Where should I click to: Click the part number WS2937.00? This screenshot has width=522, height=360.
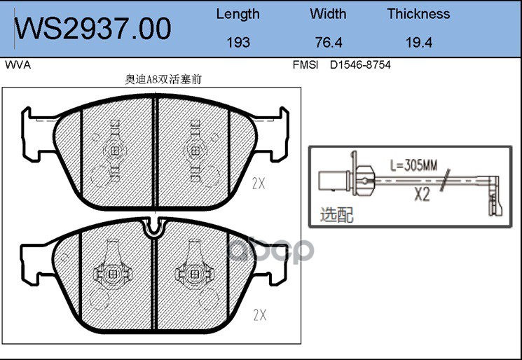tap(93, 29)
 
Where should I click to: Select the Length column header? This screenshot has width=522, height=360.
tap(238, 14)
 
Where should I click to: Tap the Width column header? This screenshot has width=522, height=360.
tap(327, 14)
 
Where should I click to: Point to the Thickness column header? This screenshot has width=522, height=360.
tap(418, 14)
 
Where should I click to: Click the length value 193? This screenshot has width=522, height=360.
tap(238, 42)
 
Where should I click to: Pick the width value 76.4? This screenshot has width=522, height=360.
tap(327, 42)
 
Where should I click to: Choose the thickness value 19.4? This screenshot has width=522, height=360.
tap(418, 42)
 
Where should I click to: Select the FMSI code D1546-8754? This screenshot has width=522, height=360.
tap(360, 65)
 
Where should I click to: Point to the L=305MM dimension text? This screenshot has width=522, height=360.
tap(413, 166)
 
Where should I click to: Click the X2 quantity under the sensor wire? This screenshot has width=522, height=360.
tap(420, 195)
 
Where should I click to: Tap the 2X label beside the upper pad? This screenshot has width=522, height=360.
tap(259, 184)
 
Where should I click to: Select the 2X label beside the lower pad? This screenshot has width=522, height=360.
tap(259, 315)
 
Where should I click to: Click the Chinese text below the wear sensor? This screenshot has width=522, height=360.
tap(336, 214)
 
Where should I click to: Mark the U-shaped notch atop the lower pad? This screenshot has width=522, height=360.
tap(154, 226)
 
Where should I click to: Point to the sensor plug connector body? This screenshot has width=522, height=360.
tap(330, 181)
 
